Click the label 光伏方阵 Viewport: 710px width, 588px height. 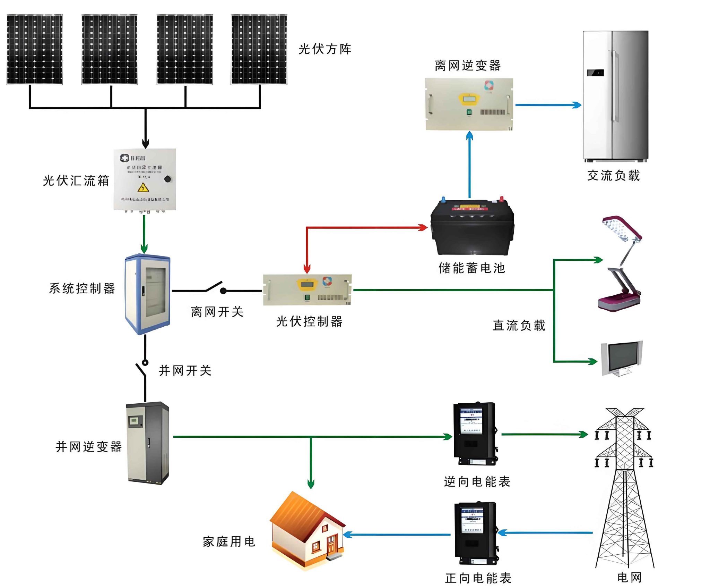(325, 49)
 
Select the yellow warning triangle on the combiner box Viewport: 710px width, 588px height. (143, 188)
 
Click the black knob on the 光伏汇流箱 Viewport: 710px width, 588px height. (167, 179)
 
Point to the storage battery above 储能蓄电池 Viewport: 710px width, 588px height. (472, 227)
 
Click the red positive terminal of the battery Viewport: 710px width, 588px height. (501, 199)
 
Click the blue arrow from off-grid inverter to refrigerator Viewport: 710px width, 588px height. (548, 105)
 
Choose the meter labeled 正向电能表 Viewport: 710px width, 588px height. (476, 533)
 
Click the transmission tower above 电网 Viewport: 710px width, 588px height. (624, 486)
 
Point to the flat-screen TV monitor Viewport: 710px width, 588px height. (622, 358)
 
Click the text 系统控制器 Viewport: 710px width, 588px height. (82, 288)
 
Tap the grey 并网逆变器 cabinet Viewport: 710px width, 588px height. (148, 443)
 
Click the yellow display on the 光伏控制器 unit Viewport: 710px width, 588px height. (307, 284)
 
